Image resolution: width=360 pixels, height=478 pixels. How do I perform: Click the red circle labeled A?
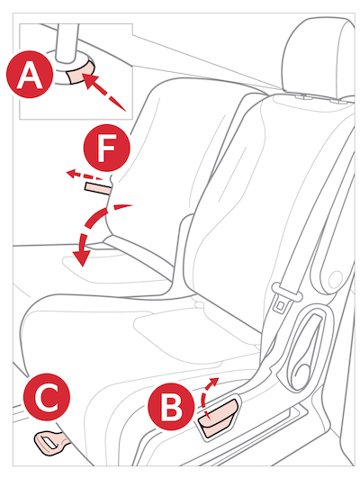point(30,75)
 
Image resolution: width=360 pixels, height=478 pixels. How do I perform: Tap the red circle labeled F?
point(107,148)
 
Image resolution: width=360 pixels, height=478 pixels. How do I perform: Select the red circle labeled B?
point(171,407)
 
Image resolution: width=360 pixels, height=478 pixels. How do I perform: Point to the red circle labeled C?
point(47,397)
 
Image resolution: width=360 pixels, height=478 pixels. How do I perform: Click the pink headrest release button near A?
point(81,71)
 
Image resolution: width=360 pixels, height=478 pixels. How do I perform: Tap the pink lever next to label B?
point(219,418)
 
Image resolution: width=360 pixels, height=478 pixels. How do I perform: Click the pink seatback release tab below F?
point(97,188)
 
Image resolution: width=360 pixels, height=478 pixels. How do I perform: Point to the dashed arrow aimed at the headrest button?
point(105,92)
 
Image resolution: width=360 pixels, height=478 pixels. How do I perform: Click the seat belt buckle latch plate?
point(281,305)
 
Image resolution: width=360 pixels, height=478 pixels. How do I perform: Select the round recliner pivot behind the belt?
point(336,279)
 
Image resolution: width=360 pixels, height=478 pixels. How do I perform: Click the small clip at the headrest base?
point(302,98)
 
